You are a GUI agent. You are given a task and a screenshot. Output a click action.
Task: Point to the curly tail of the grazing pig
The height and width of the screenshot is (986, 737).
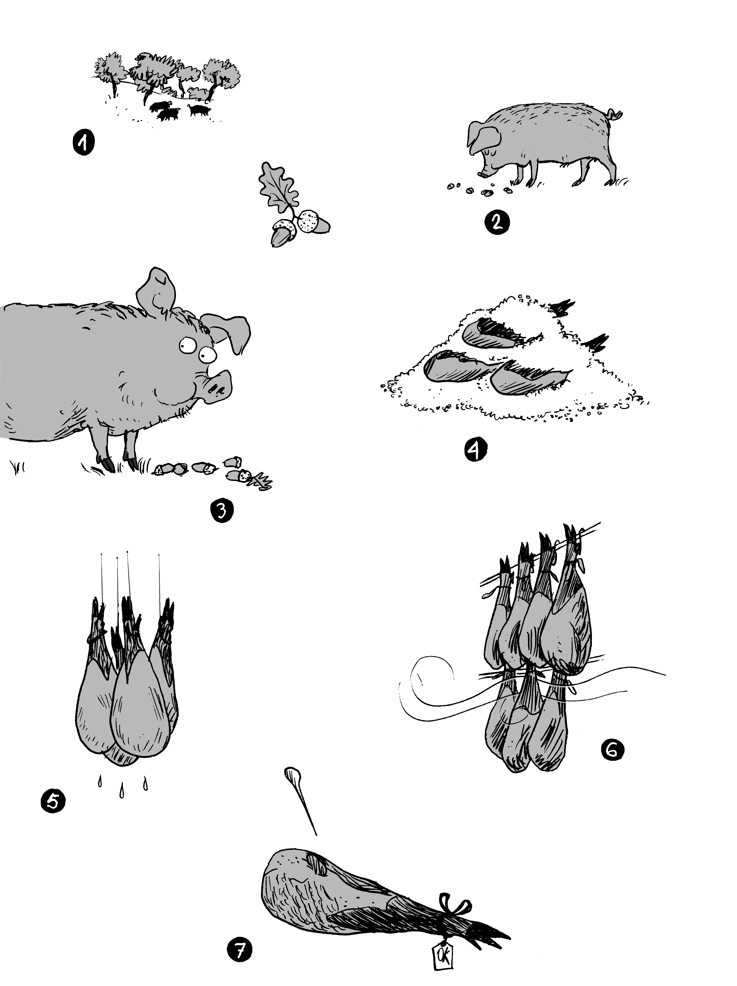coord(616,115)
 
